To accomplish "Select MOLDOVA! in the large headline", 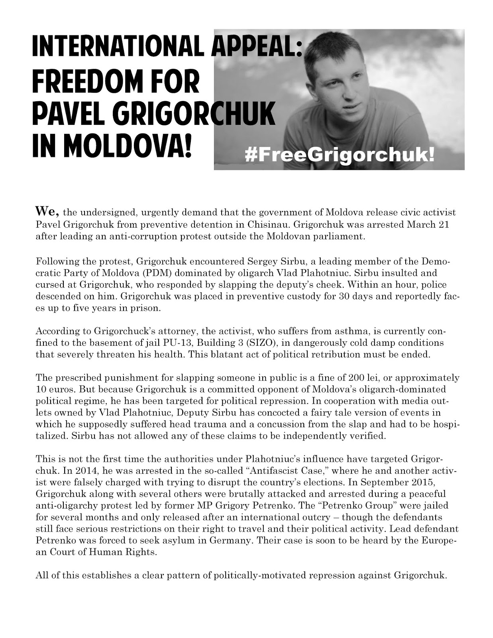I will (128, 146).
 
